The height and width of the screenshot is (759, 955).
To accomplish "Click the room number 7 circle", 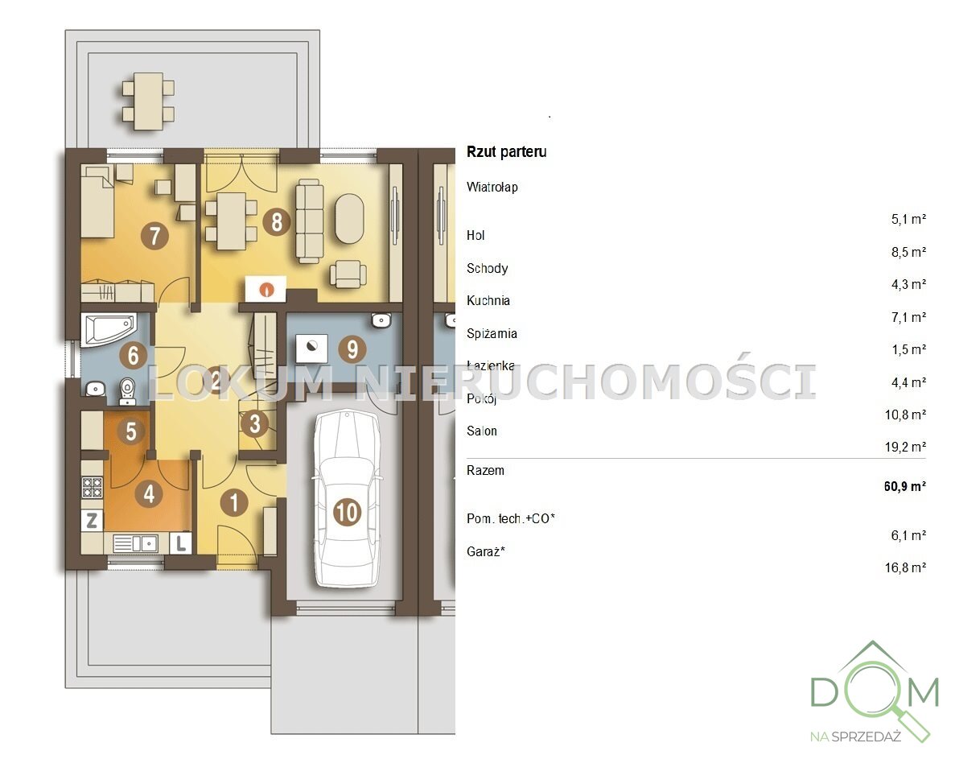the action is (154, 235).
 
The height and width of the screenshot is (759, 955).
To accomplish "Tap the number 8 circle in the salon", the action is (277, 221).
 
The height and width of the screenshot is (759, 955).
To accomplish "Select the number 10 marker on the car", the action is (347, 512).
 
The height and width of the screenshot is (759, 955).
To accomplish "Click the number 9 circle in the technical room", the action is (352, 349).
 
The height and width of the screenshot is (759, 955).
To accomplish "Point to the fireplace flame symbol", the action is (266, 289).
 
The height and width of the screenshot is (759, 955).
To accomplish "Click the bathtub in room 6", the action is (108, 329).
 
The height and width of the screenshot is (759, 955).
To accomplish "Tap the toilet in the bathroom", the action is (127, 391).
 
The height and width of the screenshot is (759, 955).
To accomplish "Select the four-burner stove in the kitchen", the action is (92, 487).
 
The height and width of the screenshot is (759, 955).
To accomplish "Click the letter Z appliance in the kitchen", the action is (92, 521).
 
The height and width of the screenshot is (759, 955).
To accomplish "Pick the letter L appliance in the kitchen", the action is (181, 542).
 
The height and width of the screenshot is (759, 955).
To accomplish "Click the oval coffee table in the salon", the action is (349, 219).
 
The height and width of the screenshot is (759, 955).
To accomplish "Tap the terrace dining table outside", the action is (148, 101).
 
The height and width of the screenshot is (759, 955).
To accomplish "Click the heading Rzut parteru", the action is (506, 151).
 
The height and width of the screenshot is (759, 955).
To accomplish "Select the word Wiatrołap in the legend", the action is (492, 187).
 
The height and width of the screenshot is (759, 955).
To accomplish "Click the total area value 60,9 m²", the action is (905, 486).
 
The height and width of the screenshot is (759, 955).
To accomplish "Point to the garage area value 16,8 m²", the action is (906, 567).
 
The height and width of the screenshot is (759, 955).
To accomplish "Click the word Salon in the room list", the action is (482, 431).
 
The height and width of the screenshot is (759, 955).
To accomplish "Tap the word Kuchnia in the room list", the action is (488, 301).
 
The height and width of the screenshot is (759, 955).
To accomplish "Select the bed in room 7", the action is (98, 202).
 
